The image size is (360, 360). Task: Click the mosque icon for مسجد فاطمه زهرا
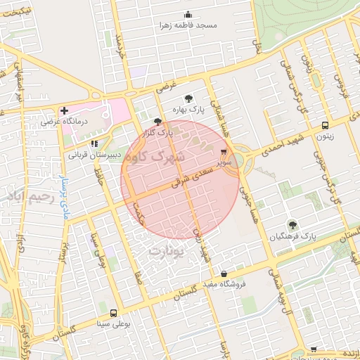pos(188,15)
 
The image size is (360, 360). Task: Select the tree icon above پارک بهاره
pos(188,98)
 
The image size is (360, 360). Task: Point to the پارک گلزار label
pos(158,131)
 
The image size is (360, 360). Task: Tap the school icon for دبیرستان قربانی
pos(94,143)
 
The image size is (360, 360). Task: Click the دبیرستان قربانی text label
pos(94,153)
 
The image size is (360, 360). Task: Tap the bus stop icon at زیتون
pos(324,126)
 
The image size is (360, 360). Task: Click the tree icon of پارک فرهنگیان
pos(292,225)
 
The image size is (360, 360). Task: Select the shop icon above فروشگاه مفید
pos(224,274)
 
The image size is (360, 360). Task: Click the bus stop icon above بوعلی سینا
pos(113,313)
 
